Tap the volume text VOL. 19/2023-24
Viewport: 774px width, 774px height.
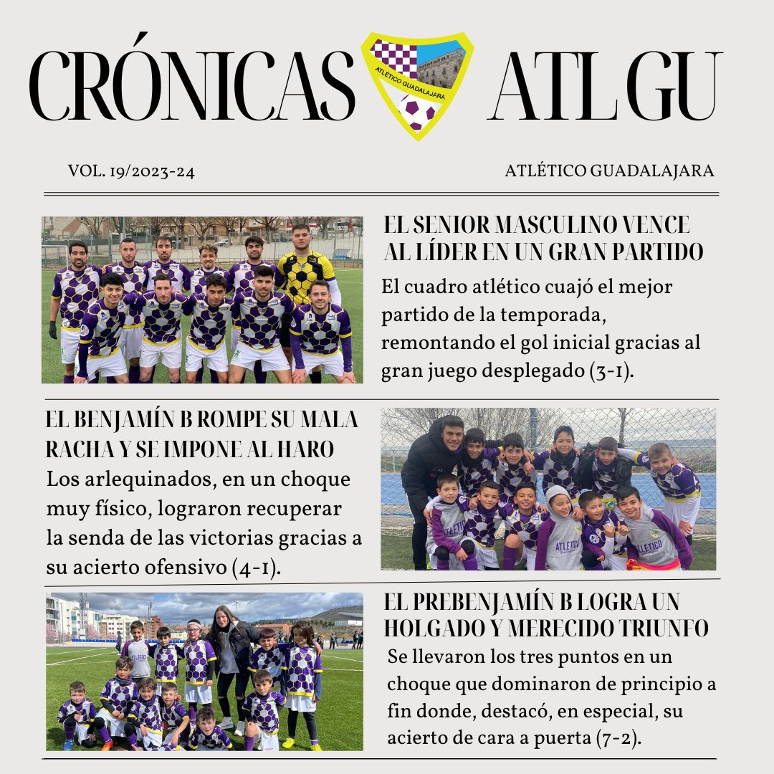[x=132, y=172]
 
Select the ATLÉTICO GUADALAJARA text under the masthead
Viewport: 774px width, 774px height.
[x=609, y=172]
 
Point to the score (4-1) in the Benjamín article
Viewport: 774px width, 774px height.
[x=255, y=568]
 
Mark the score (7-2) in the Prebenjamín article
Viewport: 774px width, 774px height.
[x=618, y=738]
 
